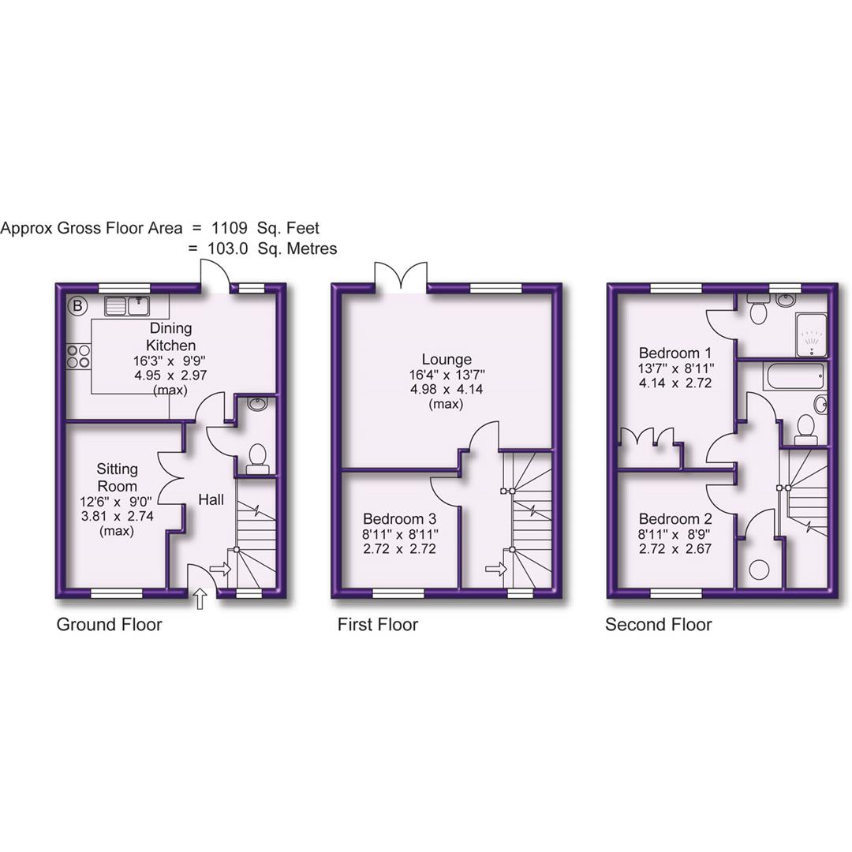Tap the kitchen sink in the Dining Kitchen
tap(127, 305)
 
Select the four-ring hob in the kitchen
tap(78, 357)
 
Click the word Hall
tap(211, 500)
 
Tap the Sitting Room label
tap(118, 477)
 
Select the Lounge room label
tap(447, 360)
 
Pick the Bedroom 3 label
tap(400, 519)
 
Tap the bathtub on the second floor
tap(794, 376)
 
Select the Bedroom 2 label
tap(676, 519)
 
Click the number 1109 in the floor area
tap(229, 228)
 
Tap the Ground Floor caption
tap(109, 625)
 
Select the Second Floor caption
tap(658, 625)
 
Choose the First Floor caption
tap(377, 625)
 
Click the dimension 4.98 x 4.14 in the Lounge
tap(447, 390)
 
